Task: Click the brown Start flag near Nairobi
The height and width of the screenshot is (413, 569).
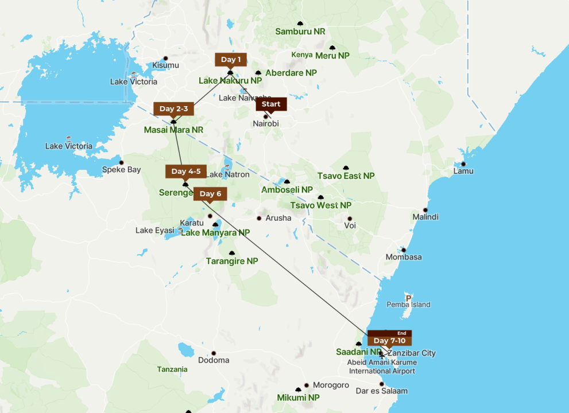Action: [x=271, y=104]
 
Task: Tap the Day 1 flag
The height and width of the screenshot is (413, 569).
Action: [x=231, y=60]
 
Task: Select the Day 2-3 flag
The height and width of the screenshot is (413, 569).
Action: [x=173, y=109]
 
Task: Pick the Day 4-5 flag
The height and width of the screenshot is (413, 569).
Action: [x=185, y=172]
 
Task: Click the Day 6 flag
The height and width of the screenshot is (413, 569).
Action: [x=210, y=193]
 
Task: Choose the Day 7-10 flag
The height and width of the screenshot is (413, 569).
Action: [x=389, y=341]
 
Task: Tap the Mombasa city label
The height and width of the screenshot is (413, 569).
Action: [x=404, y=257]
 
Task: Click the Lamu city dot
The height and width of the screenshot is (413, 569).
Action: [x=463, y=164]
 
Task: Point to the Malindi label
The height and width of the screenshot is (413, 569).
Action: [x=425, y=217]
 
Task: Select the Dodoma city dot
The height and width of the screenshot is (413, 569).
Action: [x=214, y=353]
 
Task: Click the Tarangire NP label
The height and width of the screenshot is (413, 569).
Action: [x=232, y=261]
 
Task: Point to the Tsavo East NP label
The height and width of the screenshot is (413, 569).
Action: [x=346, y=176]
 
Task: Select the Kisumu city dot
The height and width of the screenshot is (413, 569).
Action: [x=165, y=59]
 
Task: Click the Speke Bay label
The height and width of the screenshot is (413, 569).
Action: [x=121, y=170]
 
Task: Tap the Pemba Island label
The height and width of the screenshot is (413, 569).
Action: [x=408, y=305]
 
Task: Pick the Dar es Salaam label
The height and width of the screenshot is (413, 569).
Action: [x=381, y=391]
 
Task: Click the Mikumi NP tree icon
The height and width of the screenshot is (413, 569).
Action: [x=298, y=389]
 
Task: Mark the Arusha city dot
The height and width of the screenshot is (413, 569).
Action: [x=259, y=218]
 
